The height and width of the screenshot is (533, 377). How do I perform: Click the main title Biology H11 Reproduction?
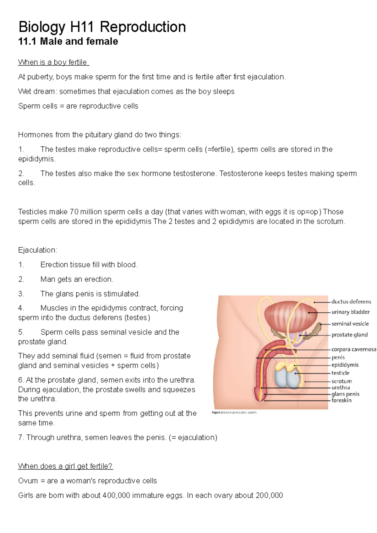point(102,27)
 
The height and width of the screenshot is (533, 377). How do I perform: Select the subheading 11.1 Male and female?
point(68,41)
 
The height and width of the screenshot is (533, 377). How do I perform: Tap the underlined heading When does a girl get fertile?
point(65,466)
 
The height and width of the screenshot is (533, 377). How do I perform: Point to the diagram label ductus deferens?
point(351,302)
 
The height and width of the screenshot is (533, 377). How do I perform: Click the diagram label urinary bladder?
point(351,312)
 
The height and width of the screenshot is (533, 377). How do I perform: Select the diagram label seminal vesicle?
point(350,324)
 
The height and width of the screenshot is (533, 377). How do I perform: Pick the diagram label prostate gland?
point(349,335)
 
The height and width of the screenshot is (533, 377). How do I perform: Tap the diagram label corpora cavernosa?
point(353,349)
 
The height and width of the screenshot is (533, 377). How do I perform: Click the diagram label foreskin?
point(341,400)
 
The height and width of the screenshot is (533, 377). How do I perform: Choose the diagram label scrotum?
point(341,381)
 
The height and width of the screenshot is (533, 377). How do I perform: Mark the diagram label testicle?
point(340,373)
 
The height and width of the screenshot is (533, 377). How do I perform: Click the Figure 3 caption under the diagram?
point(234,412)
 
